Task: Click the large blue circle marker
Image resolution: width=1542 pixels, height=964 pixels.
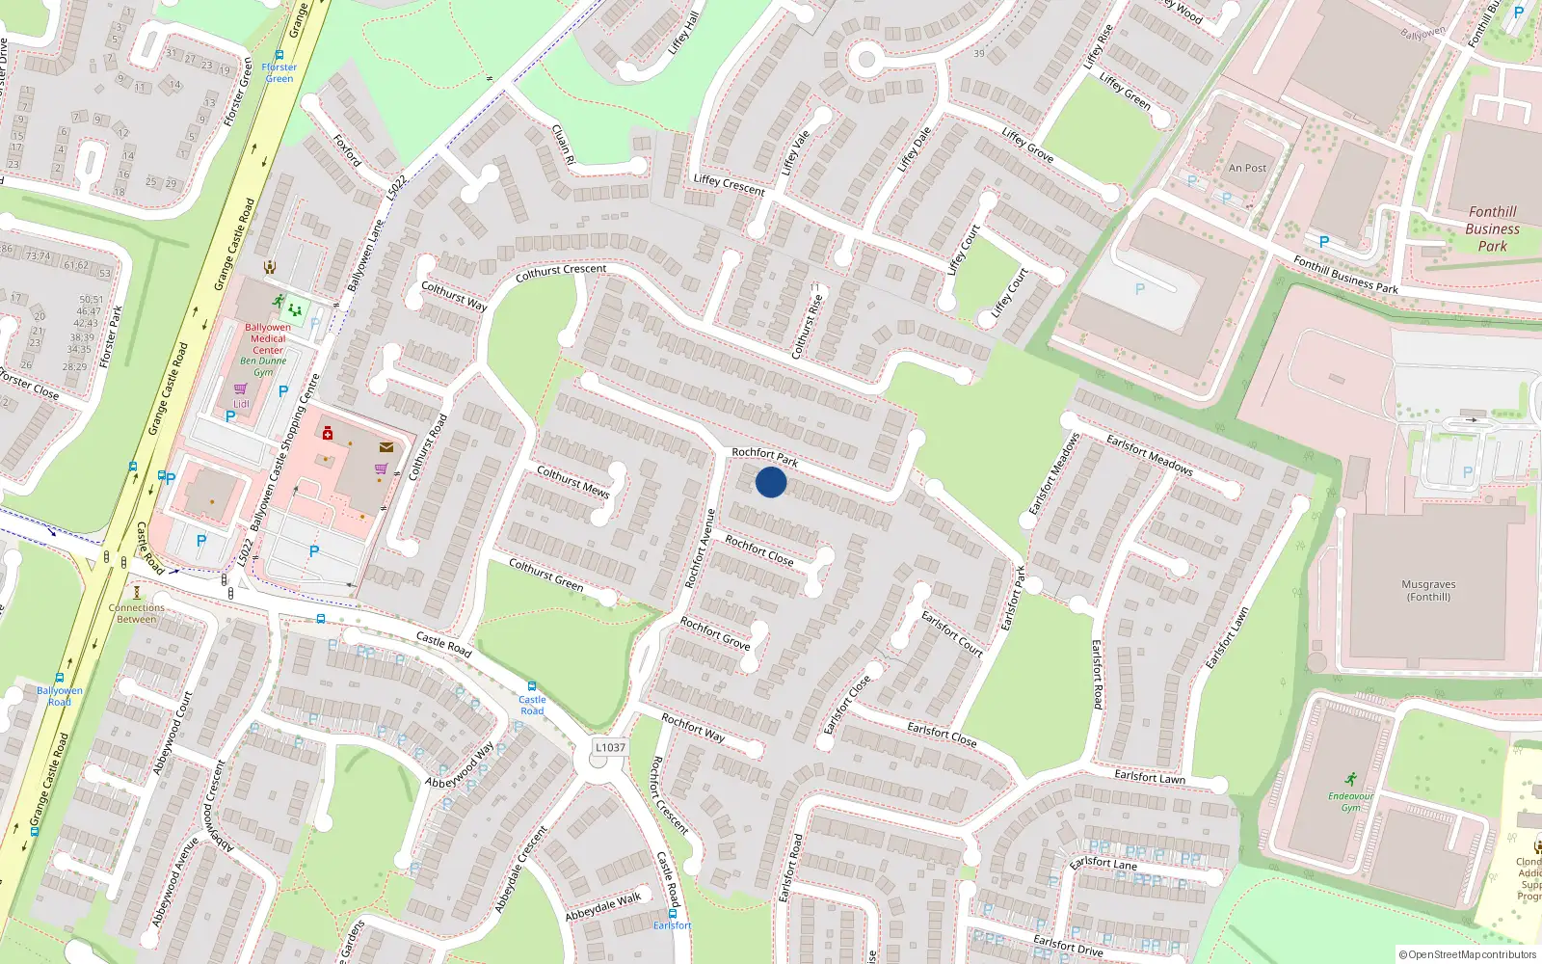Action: [x=771, y=482]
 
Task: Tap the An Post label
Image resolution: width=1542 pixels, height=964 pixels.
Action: [x=1247, y=168]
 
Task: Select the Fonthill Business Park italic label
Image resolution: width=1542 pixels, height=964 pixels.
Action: [x=1492, y=229]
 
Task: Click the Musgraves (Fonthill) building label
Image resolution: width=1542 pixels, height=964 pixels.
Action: [x=1428, y=591]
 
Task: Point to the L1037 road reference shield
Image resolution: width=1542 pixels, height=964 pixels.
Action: [x=610, y=747]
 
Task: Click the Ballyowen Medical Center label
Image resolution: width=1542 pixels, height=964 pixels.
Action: [x=268, y=338]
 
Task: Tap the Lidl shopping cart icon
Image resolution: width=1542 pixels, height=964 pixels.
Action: [x=241, y=389]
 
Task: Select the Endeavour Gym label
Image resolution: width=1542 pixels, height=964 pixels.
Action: [x=1350, y=802]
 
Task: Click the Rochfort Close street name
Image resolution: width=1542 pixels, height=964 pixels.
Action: [x=759, y=550]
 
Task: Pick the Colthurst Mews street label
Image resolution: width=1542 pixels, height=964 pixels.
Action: [x=573, y=482]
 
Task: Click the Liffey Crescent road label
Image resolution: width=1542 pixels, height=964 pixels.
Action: [x=729, y=184]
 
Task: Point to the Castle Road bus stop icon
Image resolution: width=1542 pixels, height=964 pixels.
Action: [x=532, y=686]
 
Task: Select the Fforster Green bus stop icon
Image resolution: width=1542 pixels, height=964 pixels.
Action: [x=279, y=56]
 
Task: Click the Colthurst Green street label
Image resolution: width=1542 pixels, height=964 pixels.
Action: [x=545, y=575]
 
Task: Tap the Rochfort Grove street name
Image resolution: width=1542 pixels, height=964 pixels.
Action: [x=715, y=633]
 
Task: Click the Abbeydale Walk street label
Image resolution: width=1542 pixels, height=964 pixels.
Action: [x=603, y=906]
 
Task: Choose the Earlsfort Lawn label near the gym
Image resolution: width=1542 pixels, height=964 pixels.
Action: [x=1150, y=776]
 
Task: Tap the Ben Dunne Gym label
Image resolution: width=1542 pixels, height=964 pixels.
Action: [x=263, y=366]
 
